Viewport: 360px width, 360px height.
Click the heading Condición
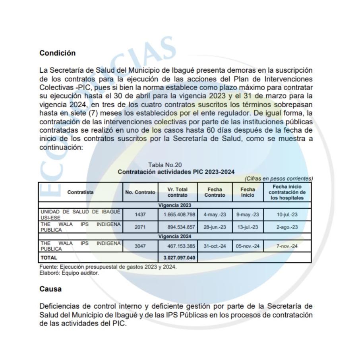(x=57, y=53)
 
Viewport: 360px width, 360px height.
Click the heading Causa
(x=50, y=289)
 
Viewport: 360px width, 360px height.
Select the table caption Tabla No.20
(x=165, y=165)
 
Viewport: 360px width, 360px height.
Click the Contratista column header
(x=81, y=192)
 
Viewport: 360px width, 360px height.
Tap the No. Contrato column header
(x=140, y=192)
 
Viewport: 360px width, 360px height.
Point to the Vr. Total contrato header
(x=177, y=192)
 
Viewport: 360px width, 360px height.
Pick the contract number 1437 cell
(x=140, y=214)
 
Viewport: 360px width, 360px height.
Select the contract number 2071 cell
(x=140, y=226)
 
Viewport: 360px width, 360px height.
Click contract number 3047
(x=140, y=246)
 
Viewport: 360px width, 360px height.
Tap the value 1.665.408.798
(x=179, y=214)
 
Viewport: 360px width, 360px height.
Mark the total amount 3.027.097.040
(x=179, y=257)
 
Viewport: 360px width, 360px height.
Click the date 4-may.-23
(x=215, y=214)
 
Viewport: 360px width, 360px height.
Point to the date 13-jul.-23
(x=248, y=226)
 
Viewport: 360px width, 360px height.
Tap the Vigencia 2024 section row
(x=175, y=236)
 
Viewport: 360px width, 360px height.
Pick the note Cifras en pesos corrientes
(x=279, y=178)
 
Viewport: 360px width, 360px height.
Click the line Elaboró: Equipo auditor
(x=64, y=273)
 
